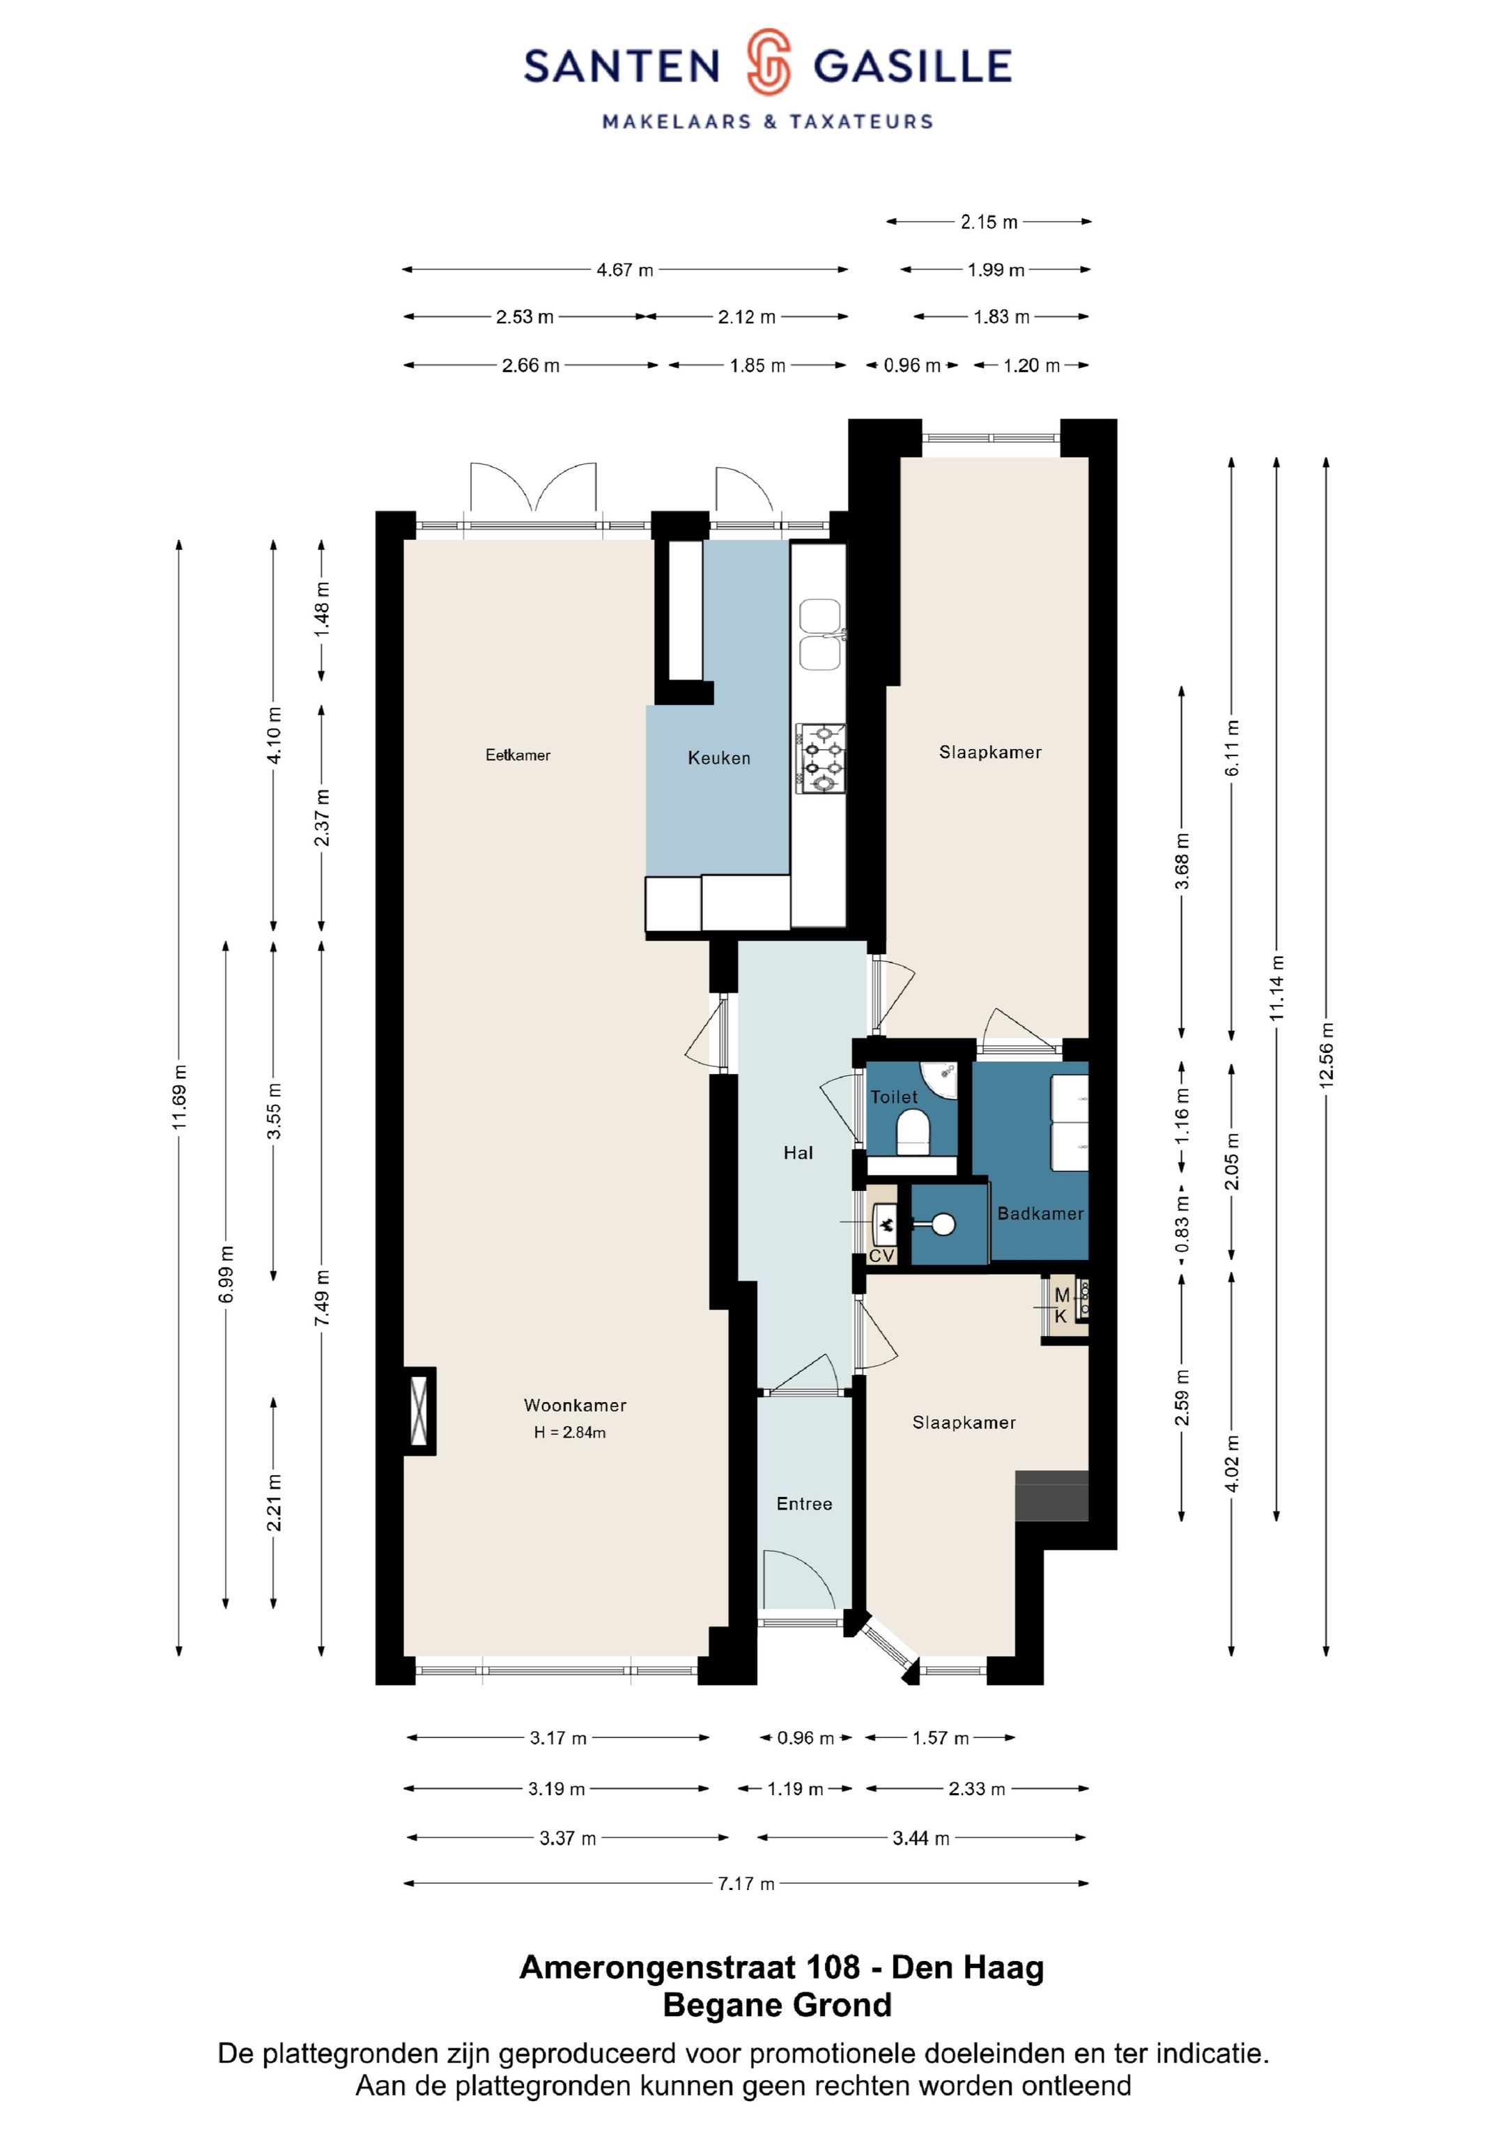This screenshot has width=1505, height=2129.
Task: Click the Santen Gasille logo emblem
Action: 768,62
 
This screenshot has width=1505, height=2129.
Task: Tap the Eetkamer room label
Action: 518,755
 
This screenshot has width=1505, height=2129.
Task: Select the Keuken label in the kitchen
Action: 718,758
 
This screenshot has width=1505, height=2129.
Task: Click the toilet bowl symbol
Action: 913,1132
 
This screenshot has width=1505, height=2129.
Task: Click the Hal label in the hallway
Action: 798,1153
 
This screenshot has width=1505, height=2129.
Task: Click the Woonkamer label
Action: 575,1405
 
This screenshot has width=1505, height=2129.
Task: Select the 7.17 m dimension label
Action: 746,1883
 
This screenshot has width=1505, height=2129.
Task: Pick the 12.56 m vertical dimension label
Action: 1326,1054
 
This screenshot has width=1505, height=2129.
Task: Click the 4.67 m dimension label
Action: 625,270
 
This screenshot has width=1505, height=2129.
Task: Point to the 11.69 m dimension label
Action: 179,1097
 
